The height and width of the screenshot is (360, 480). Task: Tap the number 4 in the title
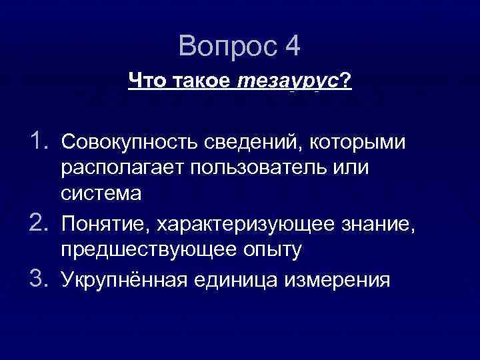click(291, 46)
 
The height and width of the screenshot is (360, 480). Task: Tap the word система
click(101, 193)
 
